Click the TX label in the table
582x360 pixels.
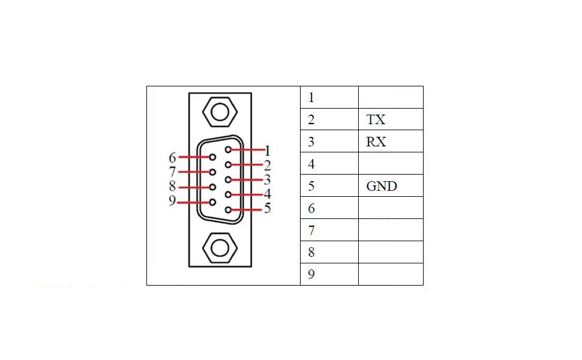[376, 119]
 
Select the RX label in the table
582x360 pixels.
[376, 142]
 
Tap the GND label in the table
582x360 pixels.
[382, 186]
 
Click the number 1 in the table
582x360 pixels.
[311, 97]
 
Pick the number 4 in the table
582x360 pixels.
[311, 164]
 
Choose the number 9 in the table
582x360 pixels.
[311, 274]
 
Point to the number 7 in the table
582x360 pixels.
[311, 230]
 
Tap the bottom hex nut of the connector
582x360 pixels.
[218, 247]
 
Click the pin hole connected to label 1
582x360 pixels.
[228, 150]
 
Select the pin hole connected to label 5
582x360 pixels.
[228, 209]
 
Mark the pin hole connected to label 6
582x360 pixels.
[212, 157]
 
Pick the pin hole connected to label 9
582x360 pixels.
[212, 202]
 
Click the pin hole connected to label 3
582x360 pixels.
[228, 179]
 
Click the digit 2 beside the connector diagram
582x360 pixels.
[267, 165]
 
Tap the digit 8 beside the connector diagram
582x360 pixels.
[172, 187]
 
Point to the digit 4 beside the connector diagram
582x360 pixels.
[267, 194]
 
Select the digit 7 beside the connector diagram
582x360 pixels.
[172, 172]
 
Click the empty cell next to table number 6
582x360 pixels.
[391, 208]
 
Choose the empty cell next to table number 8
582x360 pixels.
[391, 252]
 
